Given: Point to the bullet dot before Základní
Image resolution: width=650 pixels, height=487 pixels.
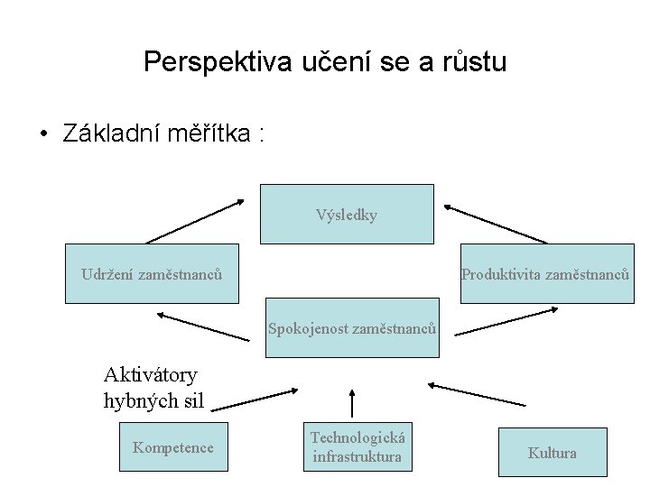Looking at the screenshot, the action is tap(42, 134).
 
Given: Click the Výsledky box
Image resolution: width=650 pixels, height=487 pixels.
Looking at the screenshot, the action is tap(348, 215).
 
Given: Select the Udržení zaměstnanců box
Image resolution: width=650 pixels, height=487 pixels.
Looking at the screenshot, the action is tap(152, 273).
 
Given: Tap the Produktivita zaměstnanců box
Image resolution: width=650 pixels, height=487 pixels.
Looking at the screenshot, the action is tap(545, 273).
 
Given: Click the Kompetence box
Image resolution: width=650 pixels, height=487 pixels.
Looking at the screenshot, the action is tap(173, 447).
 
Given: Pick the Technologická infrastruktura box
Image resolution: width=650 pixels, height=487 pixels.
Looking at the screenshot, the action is tap(357, 446).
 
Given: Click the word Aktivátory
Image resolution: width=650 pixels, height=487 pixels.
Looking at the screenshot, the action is tap(151, 373).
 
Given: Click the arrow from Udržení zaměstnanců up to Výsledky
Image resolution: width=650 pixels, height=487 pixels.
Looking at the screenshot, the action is tap(195, 221).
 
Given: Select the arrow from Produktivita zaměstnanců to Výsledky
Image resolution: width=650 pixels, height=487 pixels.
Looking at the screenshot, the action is tap(495, 225).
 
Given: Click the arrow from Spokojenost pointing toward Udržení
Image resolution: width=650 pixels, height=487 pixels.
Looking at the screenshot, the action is tap(203, 326).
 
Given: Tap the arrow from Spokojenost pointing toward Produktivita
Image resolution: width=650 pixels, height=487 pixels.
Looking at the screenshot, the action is tap(506, 322).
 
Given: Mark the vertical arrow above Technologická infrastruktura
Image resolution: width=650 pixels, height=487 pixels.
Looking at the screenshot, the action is tap(352, 403).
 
